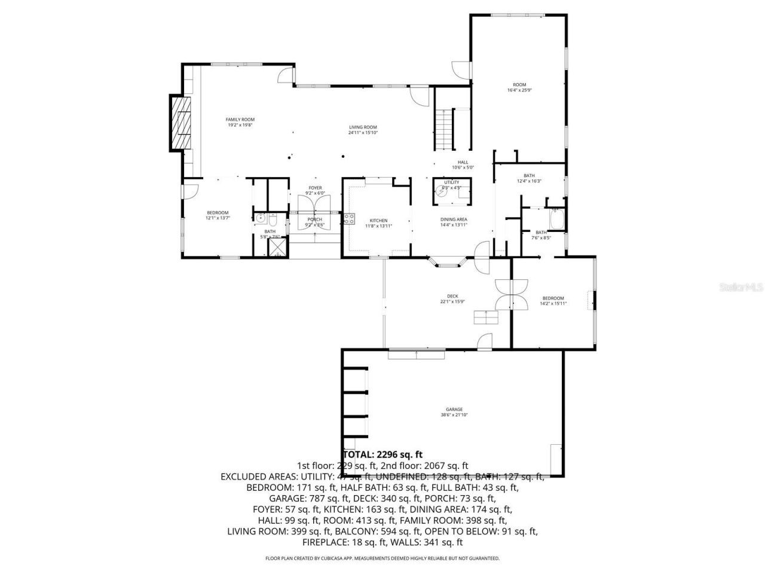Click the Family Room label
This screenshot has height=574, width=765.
(240, 122)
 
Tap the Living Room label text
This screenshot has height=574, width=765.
(363, 129)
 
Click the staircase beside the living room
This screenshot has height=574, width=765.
(443, 130)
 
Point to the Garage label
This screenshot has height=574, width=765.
(454, 412)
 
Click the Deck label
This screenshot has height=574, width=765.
(452, 298)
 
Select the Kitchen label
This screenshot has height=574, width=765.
(378, 222)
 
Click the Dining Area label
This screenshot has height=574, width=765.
(454, 222)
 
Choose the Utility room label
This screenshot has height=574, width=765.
(451, 184)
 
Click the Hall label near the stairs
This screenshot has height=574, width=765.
(463, 164)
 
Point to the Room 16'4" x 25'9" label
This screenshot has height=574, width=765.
(519, 87)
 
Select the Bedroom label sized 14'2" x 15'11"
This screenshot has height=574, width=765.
(553, 301)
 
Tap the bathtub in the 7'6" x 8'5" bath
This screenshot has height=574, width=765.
(555, 219)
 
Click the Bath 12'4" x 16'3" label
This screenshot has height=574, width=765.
(529, 178)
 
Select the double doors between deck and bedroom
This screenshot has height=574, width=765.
(511, 295)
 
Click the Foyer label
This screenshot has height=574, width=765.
(315, 190)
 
